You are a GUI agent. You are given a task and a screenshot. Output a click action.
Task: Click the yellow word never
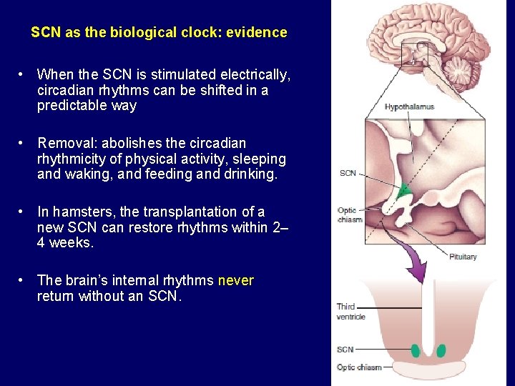(x=235, y=280)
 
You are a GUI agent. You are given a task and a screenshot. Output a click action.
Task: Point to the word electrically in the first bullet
(x=255, y=74)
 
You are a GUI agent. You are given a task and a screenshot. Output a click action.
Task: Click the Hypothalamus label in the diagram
(x=409, y=107)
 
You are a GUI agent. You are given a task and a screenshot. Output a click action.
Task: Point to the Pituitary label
(x=463, y=257)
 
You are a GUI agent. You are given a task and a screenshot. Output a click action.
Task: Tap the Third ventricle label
(x=350, y=312)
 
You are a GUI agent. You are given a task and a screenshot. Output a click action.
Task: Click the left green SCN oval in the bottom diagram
(x=416, y=350)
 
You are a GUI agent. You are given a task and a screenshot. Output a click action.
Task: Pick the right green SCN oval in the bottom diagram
(x=441, y=350)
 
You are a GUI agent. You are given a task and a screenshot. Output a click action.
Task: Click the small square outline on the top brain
(x=414, y=54)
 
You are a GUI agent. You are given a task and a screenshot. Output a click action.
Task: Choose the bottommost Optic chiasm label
(x=359, y=367)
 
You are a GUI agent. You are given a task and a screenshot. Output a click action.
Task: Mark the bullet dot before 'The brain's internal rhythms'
(x=23, y=280)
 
